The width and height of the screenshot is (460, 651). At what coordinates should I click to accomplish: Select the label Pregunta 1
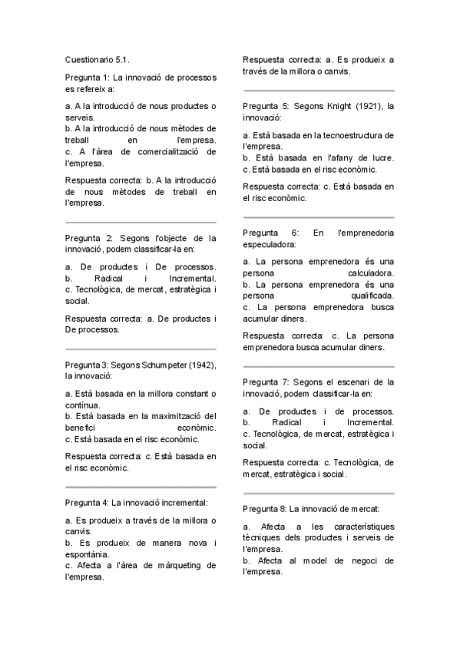(87, 78)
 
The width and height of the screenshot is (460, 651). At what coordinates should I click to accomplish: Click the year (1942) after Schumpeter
(198, 364)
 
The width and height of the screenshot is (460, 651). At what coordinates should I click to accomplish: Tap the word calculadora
(371, 273)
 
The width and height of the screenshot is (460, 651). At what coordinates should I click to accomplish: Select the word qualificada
(372, 296)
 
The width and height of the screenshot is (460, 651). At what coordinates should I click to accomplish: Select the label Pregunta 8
(264, 508)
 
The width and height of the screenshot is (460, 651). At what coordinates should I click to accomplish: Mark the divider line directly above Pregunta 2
(141, 218)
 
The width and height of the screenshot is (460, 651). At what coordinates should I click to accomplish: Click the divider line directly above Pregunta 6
(318, 216)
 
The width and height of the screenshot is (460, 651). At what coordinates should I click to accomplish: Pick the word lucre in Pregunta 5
(381, 157)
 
